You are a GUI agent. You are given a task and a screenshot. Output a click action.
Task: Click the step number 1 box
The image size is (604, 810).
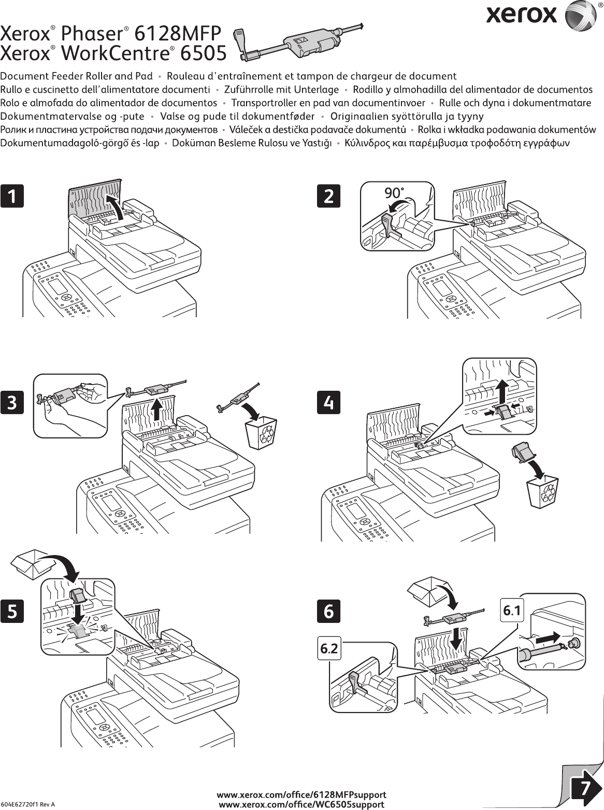(12, 196)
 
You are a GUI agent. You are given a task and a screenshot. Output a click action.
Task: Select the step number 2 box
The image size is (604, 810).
(328, 196)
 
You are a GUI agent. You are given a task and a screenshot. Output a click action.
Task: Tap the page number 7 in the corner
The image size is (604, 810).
(584, 788)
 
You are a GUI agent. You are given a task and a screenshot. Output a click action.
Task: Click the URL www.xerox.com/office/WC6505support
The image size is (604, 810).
(301, 804)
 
